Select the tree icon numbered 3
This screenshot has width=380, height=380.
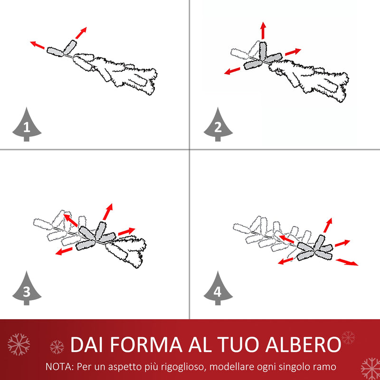[x=27, y=290]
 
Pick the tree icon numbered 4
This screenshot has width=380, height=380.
[x=218, y=290]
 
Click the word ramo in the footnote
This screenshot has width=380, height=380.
[x=327, y=367]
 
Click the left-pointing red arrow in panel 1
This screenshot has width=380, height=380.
[x=38, y=46]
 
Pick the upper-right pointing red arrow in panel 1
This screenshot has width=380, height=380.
[x=81, y=32]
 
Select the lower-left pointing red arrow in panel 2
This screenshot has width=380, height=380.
[x=232, y=71]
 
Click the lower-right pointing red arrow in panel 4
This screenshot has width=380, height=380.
[x=347, y=262]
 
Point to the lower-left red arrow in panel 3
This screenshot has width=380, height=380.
[x=64, y=250]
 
